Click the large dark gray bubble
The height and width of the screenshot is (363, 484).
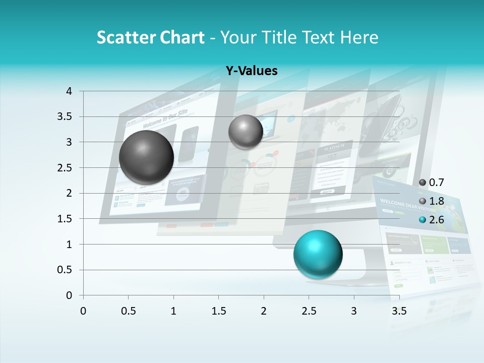(147, 157)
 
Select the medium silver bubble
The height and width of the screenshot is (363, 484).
(246, 132)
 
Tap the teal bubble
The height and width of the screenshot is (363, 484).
(318, 254)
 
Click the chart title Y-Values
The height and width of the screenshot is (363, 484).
(252, 71)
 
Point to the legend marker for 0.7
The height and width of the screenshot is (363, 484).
(422, 183)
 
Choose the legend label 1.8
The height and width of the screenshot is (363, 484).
(436, 201)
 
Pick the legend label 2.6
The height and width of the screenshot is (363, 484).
(436, 220)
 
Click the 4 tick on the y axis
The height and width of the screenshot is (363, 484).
(69, 91)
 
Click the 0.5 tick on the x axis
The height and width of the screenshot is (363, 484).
(129, 311)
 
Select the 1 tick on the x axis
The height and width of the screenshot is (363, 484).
(173, 311)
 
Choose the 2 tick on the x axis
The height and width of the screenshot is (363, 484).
(264, 311)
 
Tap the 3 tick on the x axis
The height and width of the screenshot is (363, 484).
(354, 311)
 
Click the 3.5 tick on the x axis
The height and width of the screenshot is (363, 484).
(399, 311)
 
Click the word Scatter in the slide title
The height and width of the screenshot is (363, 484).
(126, 37)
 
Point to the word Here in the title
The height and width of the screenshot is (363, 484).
(358, 37)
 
